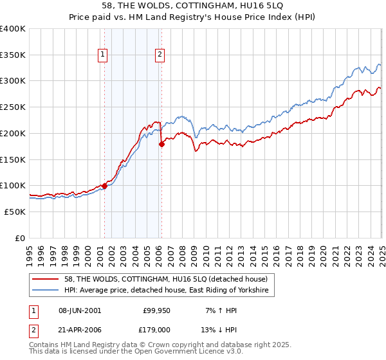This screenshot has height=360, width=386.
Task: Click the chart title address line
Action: [193, 6]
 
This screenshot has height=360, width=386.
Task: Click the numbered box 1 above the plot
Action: [103, 55]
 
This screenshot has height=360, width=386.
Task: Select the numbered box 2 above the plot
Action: [159, 55]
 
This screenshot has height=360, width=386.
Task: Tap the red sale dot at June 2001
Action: [104, 186]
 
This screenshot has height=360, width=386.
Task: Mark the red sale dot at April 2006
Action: [161, 144]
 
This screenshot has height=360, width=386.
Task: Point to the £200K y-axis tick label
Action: [12, 133]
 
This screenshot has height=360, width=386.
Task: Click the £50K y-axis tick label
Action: [15, 212]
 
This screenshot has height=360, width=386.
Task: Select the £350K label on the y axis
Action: [12, 55]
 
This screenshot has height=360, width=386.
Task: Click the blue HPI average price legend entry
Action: [169, 291]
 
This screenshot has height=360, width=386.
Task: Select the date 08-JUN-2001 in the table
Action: [77, 310]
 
